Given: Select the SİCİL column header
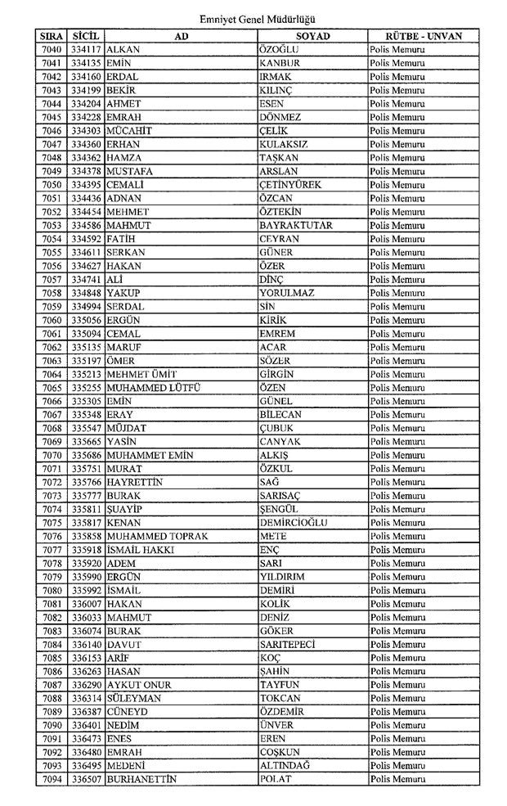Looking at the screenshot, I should click(x=86, y=37).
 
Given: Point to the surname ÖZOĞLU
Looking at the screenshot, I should click(x=280, y=50).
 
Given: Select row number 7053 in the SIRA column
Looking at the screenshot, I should click(x=52, y=225).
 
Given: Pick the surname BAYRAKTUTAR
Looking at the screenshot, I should click(x=295, y=225).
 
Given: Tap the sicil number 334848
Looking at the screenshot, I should click(x=86, y=293).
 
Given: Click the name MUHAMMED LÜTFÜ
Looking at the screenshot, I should click(x=154, y=387).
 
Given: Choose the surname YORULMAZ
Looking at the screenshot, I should click(x=287, y=293).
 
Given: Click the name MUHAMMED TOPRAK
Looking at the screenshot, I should click(x=157, y=536).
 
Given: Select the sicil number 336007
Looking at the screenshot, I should click(x=86, y=603).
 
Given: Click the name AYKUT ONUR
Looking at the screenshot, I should click(x=138, y=684).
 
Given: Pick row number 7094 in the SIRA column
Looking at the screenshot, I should click(x=52, y=779).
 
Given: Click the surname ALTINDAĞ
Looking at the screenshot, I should click(x=285, y=765).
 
